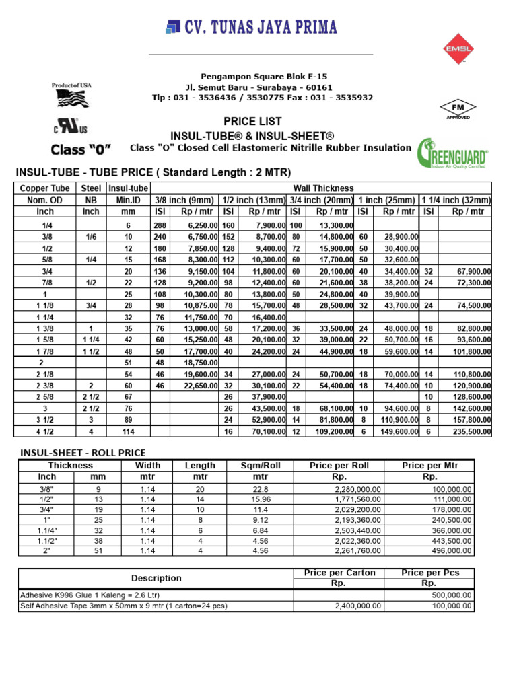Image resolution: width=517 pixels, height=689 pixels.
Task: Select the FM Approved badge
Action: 458,110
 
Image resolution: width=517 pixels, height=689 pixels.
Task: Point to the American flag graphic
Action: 72,100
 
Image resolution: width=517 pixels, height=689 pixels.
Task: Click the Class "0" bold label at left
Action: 81,149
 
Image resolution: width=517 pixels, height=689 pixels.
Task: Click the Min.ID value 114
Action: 128,431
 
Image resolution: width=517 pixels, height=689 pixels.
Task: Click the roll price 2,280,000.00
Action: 359,489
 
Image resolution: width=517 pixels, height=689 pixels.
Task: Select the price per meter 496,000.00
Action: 449,550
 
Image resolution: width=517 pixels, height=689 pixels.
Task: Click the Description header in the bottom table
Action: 156,578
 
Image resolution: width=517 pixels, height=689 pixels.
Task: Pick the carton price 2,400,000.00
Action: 359,606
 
